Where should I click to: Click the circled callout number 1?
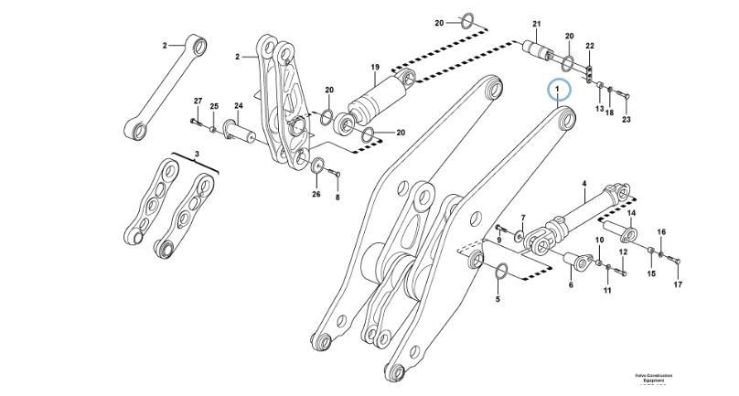click(557, 90)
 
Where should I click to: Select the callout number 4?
click(584, 185)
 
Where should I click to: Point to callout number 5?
click(498, 299)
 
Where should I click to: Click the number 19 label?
click(375, 68)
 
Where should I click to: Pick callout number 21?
click(537, 25)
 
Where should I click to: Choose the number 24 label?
click(238, 105)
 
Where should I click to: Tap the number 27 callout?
click(197, 101)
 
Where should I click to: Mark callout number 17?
click(679, 285)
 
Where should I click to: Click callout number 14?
click(630, 214)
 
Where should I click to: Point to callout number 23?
click(627, 120)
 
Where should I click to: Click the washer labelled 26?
click(316, 167)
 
